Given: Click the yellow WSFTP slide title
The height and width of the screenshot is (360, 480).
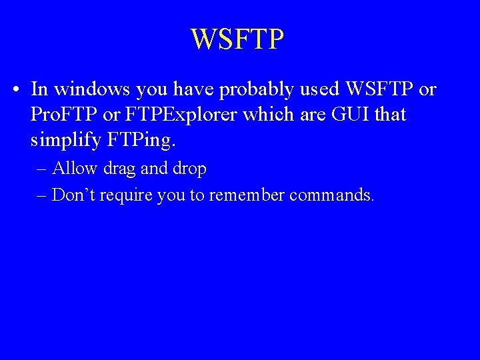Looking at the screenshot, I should point(237,39).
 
